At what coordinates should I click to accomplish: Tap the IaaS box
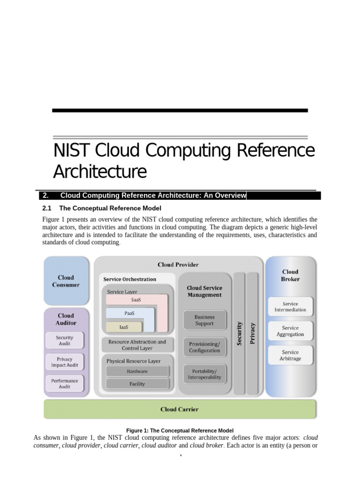[x=124, y=327]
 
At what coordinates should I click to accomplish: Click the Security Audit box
[x=65, y=340]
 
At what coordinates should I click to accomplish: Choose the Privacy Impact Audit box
[x=65, y=362]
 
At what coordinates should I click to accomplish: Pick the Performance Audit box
[x=65, y=383]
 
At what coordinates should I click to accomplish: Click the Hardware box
[x=137, y=371]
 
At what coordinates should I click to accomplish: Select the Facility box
[x=137, y=384]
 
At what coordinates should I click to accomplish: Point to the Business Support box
[x=204, y=320]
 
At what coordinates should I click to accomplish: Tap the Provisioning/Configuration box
[x=204, y=347]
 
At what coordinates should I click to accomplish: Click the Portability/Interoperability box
[x=204, y=374]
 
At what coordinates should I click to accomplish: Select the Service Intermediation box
[x=290, y=307]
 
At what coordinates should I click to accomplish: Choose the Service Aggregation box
[x=290, y=331]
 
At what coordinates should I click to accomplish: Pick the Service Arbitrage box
[x=290, y=355]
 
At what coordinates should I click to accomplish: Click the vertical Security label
[x=240, y=333]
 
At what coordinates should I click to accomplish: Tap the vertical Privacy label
[x=253, y=333]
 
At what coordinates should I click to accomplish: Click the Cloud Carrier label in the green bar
[x=180, y=409]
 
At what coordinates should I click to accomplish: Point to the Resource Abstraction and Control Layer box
[x=137, y=345]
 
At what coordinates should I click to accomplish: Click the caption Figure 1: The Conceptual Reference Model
[x=180, y=430]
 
